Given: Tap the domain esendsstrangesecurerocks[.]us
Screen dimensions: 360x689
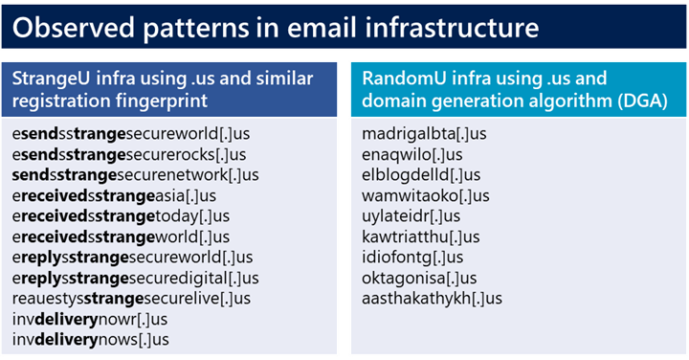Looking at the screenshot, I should pyautogui.click(x=129, y=154).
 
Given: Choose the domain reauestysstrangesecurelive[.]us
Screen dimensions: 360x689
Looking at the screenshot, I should pyautogui.click(x=131, y=299).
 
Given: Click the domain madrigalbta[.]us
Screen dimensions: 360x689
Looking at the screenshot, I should pyautogui.click(x=425, y=133).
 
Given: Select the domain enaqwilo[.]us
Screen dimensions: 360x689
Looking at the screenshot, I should pyautogui.click(x=412, y=154).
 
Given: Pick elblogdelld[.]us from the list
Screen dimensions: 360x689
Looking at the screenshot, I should pyautogui.click(x=422, y=174).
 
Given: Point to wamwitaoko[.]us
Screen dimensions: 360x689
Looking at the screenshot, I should pyautogui.click(x=426, y=195).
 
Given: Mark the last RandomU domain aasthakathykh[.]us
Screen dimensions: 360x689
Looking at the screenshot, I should pyautogui.click(x=432, y=299).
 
